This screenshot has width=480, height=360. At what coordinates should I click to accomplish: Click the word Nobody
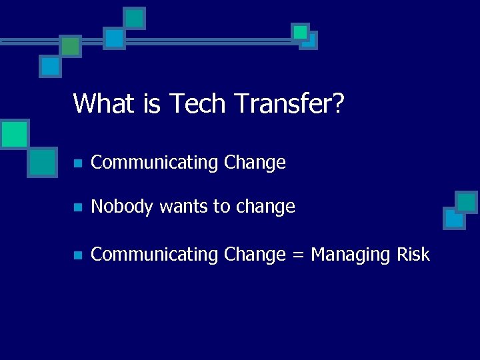(122, 207)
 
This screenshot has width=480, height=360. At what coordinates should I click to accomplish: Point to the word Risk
(414, 254)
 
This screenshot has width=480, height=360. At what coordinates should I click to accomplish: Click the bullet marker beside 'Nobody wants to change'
(77, 208)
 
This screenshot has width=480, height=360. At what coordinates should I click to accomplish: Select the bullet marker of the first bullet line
(77, 163)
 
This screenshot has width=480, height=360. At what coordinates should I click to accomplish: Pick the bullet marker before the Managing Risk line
(77, 255)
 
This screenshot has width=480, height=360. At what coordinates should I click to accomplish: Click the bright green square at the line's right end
(301, 31)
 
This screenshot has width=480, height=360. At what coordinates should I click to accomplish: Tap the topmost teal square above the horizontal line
(135, 18)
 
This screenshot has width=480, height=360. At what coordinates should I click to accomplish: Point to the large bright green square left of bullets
(14, 134)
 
